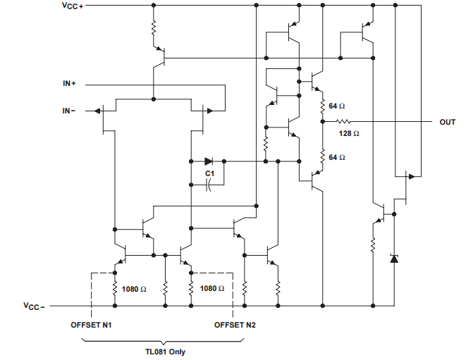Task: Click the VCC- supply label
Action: (34, 306)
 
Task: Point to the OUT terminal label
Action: (448, 122)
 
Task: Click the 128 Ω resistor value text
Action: (348, 132)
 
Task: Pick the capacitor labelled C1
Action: (209, 186)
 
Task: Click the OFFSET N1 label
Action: (92, 325)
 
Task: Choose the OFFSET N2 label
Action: (235, 325)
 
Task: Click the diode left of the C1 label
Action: (209, 161)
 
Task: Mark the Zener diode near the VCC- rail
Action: (393, 259)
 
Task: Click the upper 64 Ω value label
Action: (337, 106)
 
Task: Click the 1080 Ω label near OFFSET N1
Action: (134, 288)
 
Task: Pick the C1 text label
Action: (209, 173)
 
